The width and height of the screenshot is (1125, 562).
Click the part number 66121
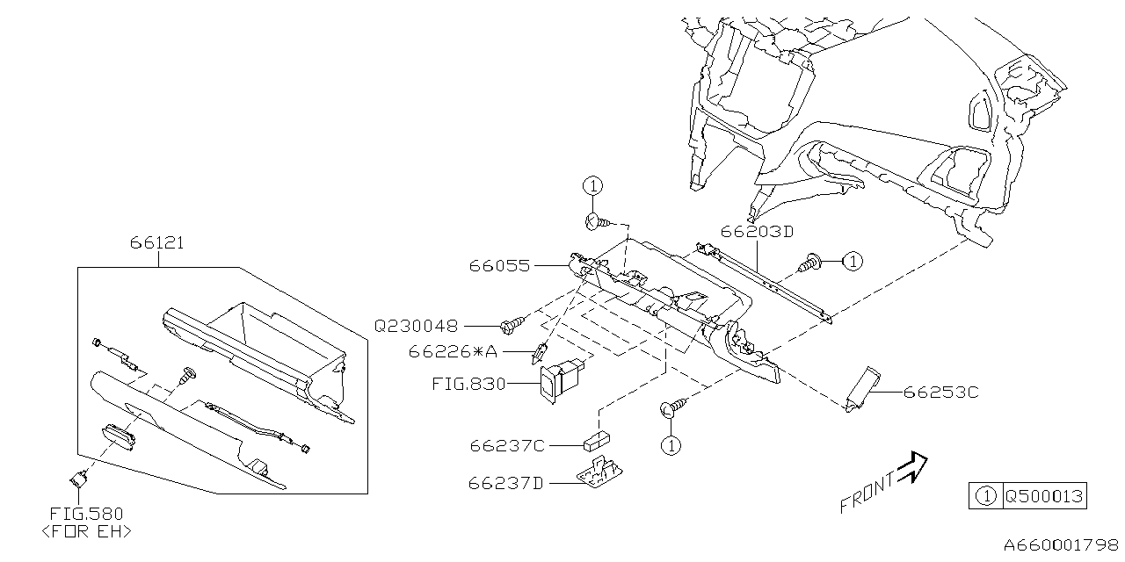coord(157,243)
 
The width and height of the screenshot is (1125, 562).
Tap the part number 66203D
coord(757,232)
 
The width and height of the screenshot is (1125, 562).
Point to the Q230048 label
coord(416,326)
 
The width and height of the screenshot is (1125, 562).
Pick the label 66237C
coord(507,446)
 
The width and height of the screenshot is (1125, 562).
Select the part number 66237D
coord(507,482)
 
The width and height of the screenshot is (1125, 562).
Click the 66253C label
coord(940,393)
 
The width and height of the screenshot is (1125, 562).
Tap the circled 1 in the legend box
coord(986,496)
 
